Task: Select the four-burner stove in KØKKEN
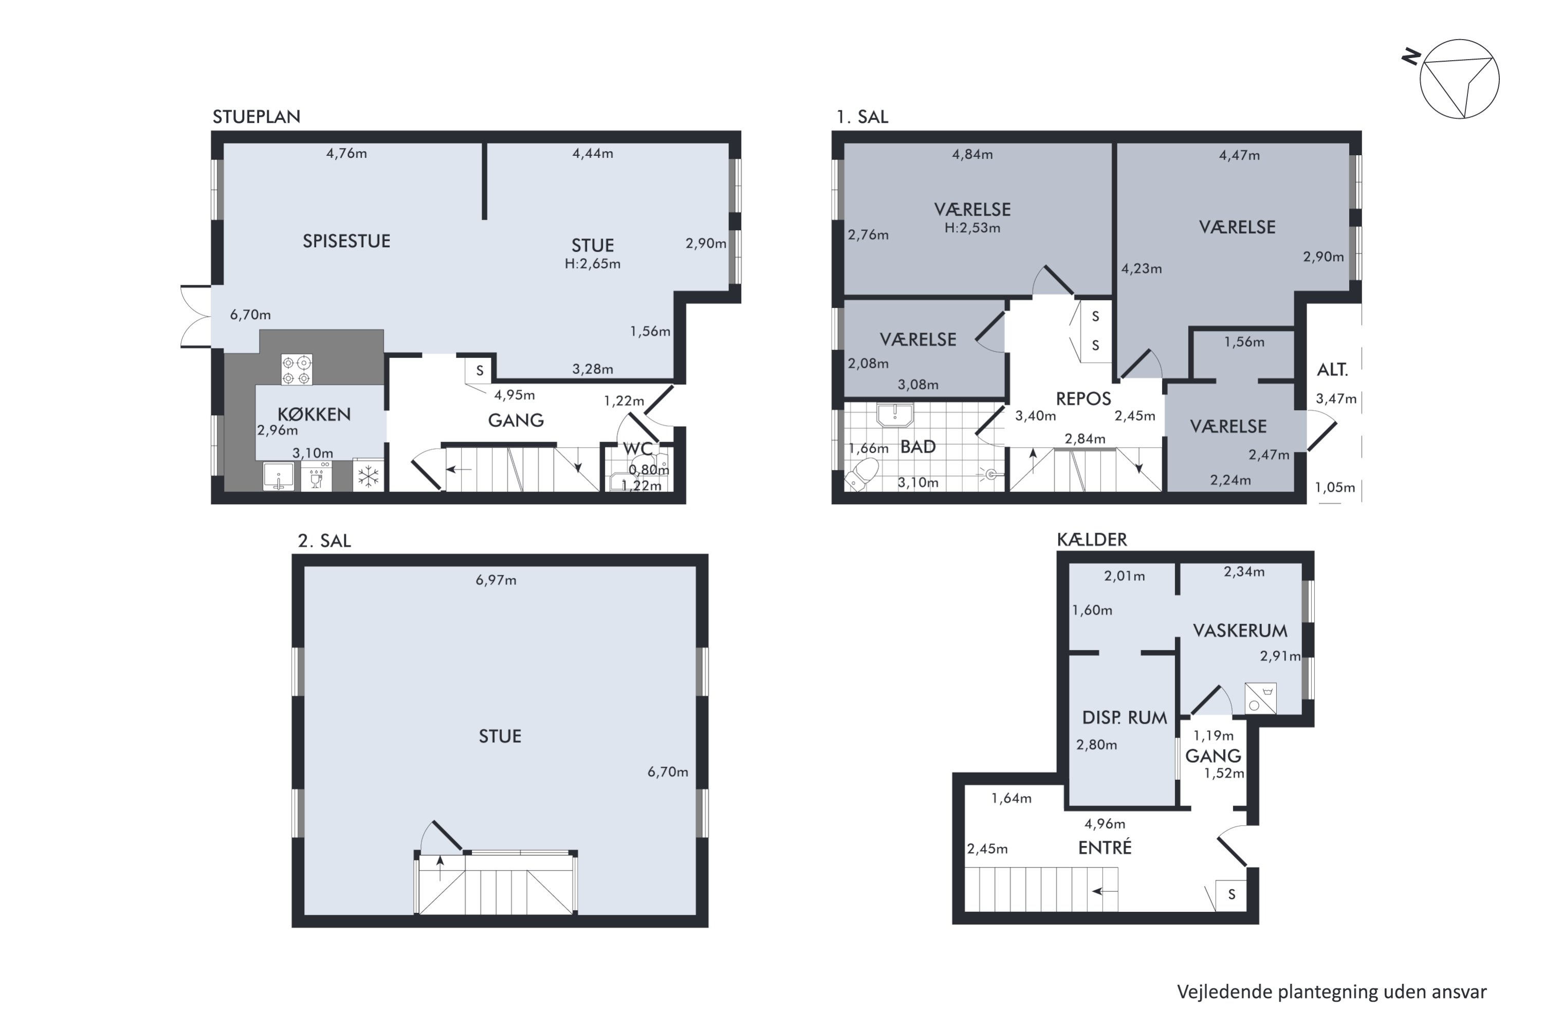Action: (x=297, y=370)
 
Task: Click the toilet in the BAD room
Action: (x=861, y=473)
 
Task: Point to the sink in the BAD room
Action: (x=894, y=414)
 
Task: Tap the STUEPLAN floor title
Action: (x=256, y=117)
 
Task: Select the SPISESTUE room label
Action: (x=346, y=241)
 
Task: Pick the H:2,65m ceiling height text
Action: (x=593, y=264)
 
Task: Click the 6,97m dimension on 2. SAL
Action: (x=495, y=580)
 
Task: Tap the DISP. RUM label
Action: (x=1125, y=718)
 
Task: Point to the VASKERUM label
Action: (x=1240, y=631)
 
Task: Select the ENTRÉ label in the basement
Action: (x=1105, y=847)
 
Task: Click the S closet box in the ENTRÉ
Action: (x=1231, y=895)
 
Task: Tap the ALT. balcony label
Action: (x=1332, y=370)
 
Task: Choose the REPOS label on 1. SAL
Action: (x=1083, y=399)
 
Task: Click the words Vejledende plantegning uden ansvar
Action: (x=1332, y=992)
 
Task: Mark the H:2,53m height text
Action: (x=972, y=228)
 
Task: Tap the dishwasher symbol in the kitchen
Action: (x=317, y=476)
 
